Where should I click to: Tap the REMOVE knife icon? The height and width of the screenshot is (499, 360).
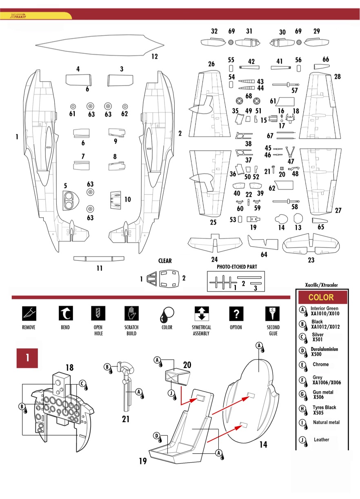[x=29, y=313]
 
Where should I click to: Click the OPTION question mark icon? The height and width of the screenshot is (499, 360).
[x=236, y=313]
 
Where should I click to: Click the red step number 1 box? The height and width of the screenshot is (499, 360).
[x=27, y=358]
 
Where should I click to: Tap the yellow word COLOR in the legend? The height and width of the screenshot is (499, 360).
[x=321, y=297]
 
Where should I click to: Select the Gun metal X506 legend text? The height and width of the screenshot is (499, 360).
[x=322, y=394]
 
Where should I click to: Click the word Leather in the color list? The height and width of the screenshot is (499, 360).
[x=322, y=440]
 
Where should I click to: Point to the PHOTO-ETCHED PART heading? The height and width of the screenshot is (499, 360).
[x=237, y=267]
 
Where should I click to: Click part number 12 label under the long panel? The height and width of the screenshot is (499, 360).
[x=154, y=57]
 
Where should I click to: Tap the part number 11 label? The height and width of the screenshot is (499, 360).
[x=99, y=268]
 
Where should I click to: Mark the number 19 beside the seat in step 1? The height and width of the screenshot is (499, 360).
[x=142, y=461]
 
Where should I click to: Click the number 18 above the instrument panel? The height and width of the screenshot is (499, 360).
[x=70, y=368]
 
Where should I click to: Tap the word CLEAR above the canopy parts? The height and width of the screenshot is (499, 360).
[x=165, y=261]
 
